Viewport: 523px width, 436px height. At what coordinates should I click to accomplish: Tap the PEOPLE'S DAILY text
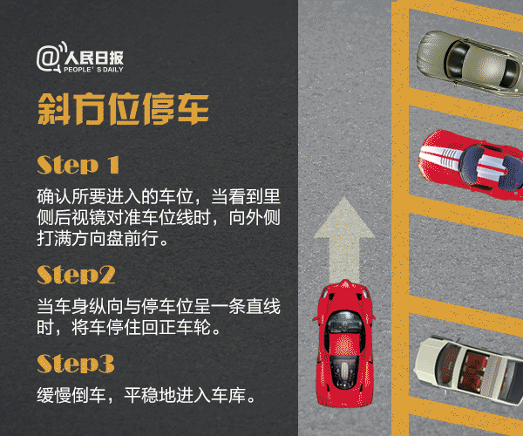[x=92, y=67]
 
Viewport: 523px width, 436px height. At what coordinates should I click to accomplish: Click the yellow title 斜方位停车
[x=122, y=109]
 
